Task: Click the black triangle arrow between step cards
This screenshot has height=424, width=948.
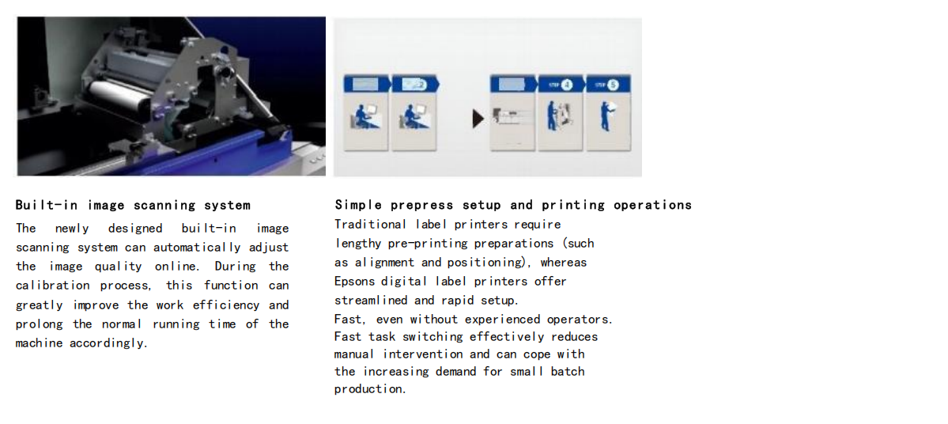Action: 478,119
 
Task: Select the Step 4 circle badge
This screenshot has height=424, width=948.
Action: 566,85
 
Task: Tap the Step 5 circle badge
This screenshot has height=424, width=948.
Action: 614,85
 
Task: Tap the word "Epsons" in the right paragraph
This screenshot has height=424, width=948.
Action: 355,282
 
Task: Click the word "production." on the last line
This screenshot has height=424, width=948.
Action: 371,389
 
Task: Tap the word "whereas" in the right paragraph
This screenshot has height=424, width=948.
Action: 564,263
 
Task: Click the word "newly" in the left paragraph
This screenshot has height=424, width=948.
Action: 72,229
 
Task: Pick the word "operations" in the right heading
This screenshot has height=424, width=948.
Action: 652,205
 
